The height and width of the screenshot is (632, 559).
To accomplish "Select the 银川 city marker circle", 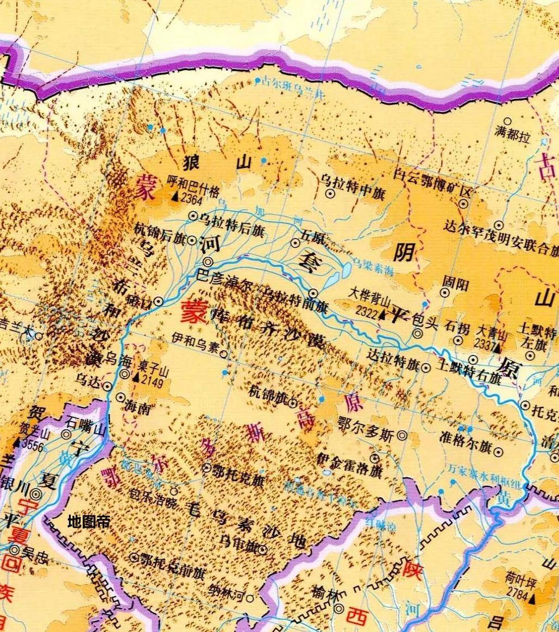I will [x=36, y=494].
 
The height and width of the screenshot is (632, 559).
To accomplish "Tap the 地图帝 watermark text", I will [x=89, y=522].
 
